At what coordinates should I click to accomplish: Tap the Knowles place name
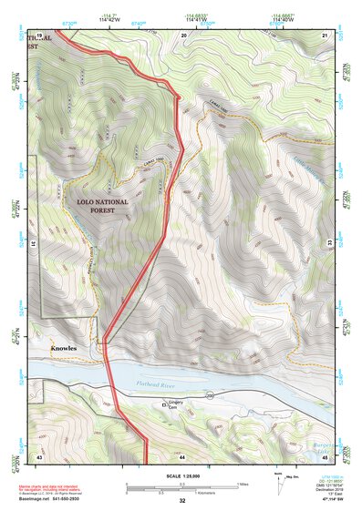click(x=64, y=349)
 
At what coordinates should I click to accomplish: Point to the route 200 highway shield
click(x=209, y=397)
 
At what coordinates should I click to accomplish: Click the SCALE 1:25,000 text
click(x=181, y=475)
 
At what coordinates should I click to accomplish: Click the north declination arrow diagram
click(x=277, y=484)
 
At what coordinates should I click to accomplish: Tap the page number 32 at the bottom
click(x=182, y=501)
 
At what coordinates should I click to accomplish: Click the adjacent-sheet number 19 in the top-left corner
click(x=39, y=34)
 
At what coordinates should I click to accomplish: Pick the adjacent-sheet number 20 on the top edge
click(x=183, y=34)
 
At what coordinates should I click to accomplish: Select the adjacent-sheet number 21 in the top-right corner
click(x=326, y=34)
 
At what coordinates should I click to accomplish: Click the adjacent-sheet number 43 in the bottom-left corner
click(x=39, y=455)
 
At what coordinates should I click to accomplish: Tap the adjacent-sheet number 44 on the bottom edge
click(x=182, y=455)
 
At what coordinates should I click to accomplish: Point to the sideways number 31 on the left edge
click(x=34, y=244)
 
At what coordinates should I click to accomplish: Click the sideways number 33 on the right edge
click(x=330, y=244)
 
